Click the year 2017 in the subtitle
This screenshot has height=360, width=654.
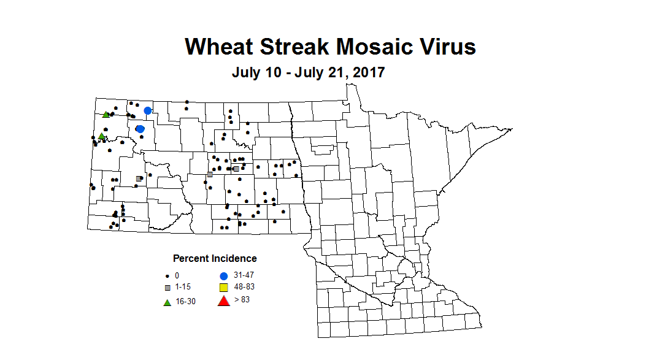click(x=366, y=72)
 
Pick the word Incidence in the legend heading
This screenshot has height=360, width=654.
click(x=233, y=258)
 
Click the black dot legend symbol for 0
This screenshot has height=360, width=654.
click(x=167, y=276)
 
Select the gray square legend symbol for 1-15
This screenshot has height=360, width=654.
click(x=167, y=287)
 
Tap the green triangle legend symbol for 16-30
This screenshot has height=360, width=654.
click(x=167, y=301)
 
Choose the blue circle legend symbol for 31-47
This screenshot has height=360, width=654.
click(x=224, y=276)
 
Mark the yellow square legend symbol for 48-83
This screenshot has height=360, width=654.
click(x=224, y=288)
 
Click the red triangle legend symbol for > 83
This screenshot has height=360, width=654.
click(x=224, y=301)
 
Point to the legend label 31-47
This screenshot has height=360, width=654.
click(x=244, y=275)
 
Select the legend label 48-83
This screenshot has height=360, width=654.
click(x=244, y=287)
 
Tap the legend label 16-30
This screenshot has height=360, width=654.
click(x=186, y=301)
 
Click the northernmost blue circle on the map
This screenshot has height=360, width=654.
click(x=147, y=110)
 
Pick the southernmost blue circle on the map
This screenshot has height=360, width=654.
click(x=140, y=129)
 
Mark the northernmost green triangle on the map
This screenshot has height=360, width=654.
click(x=106, y=114)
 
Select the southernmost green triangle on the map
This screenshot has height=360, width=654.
click(x=101, y=136)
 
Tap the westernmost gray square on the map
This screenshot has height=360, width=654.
click(x=139, y=178)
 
